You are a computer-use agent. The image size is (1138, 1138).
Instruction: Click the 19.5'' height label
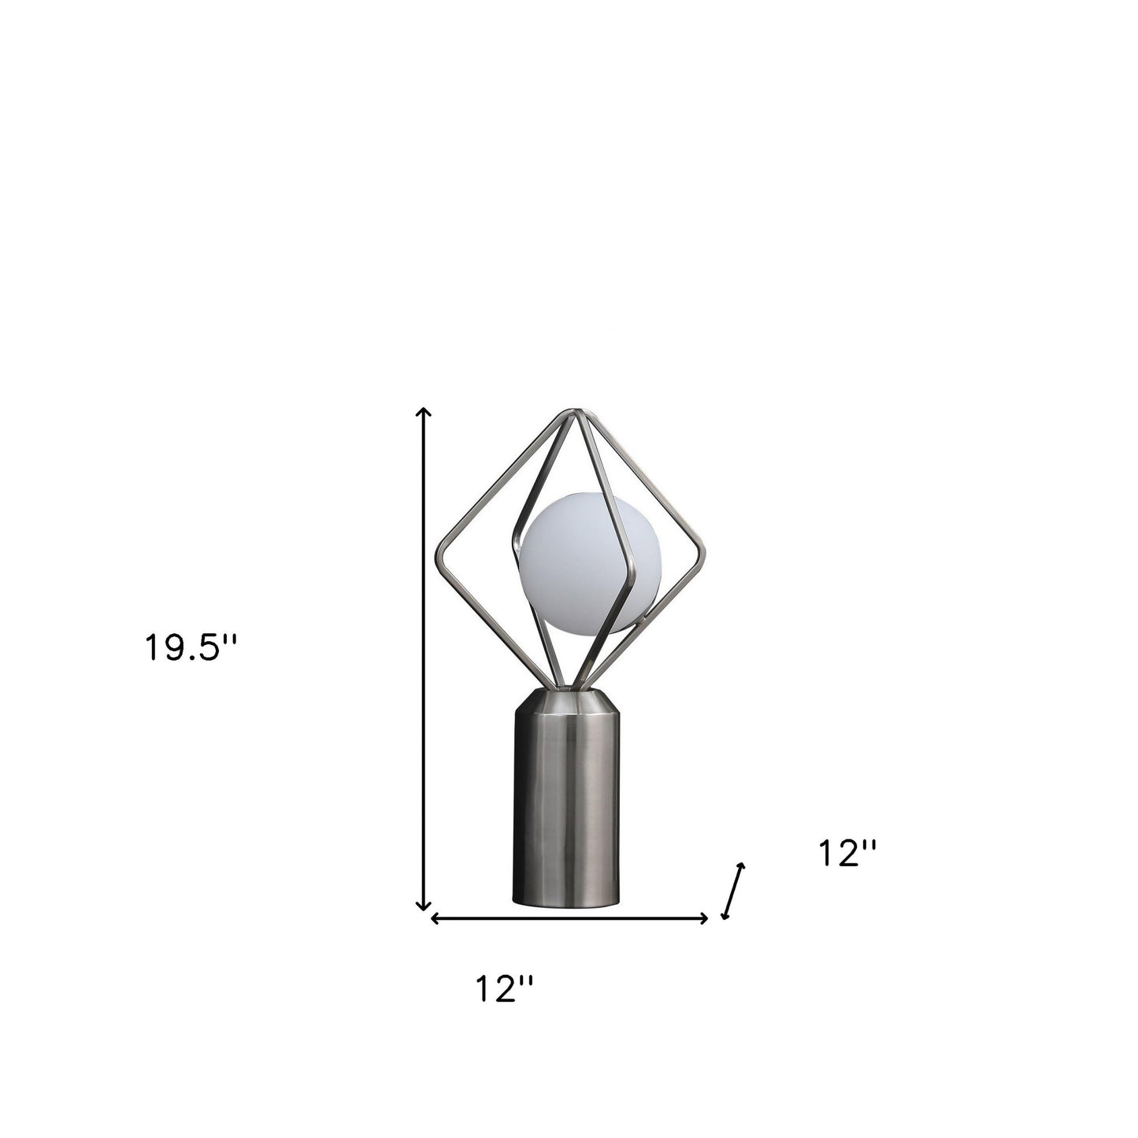(x=190, y=648)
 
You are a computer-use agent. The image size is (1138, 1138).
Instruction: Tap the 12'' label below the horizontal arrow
(x=504, y=989)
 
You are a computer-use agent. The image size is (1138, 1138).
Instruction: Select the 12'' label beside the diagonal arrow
(x=847, y=853)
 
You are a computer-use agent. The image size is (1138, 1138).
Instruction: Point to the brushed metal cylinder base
(x=566, y=803)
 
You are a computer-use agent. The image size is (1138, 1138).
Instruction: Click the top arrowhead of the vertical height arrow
(x=424, y=412)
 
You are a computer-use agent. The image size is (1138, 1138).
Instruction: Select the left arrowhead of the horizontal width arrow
(x=434, y=918)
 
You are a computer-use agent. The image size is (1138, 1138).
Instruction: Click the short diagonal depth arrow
(x=732, y=891)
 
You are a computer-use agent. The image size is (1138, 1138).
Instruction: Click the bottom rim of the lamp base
(x=566, y=903)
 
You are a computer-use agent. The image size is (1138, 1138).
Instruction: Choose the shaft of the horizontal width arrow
(x=567, y=918)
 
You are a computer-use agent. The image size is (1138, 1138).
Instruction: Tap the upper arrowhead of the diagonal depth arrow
(x=740, y=866)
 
